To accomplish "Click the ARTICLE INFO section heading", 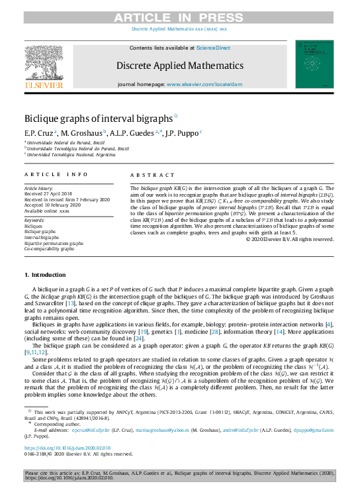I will [56, 174].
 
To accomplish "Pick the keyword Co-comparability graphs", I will [50, 249].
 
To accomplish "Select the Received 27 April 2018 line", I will [49, 193].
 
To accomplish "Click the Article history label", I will [40, 188].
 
